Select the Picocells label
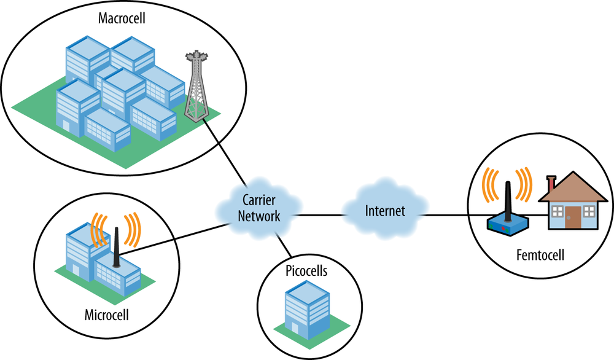coord(306,271)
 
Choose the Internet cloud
coord(385,211)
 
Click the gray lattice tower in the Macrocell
coord(195,86)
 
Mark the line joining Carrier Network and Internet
coord(319,215)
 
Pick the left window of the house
coord(557,211)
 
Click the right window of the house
coord(589,211)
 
